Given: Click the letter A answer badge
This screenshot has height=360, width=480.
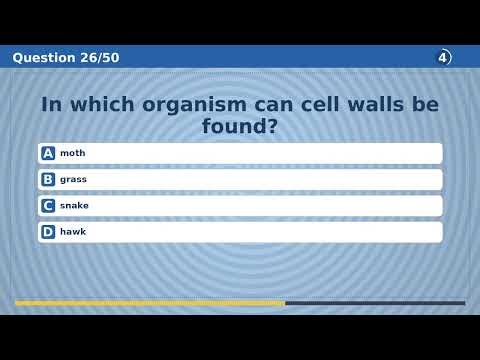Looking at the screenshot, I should click(48, 153).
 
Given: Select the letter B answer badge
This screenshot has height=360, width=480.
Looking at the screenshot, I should click(48, 179).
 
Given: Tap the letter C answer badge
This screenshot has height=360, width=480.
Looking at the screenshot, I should click(48, 205).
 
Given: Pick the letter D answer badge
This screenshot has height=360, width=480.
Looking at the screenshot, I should click(48, 231).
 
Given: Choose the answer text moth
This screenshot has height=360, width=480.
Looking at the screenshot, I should click(72, 153).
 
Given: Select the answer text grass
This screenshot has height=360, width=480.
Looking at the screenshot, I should click(73, 179).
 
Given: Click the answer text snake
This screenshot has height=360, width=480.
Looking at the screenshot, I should click(74, 205).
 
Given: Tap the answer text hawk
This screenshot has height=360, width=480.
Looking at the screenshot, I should click(73, 231).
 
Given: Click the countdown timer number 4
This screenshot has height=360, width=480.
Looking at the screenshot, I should click(443, 57).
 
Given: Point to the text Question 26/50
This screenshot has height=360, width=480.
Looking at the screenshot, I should click(66, 58).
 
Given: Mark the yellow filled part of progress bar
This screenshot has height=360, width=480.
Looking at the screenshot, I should click(150, 303).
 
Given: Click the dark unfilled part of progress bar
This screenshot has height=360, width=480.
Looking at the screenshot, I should click(375, 303).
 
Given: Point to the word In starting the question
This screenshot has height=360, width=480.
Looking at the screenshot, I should click(51, 104).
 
